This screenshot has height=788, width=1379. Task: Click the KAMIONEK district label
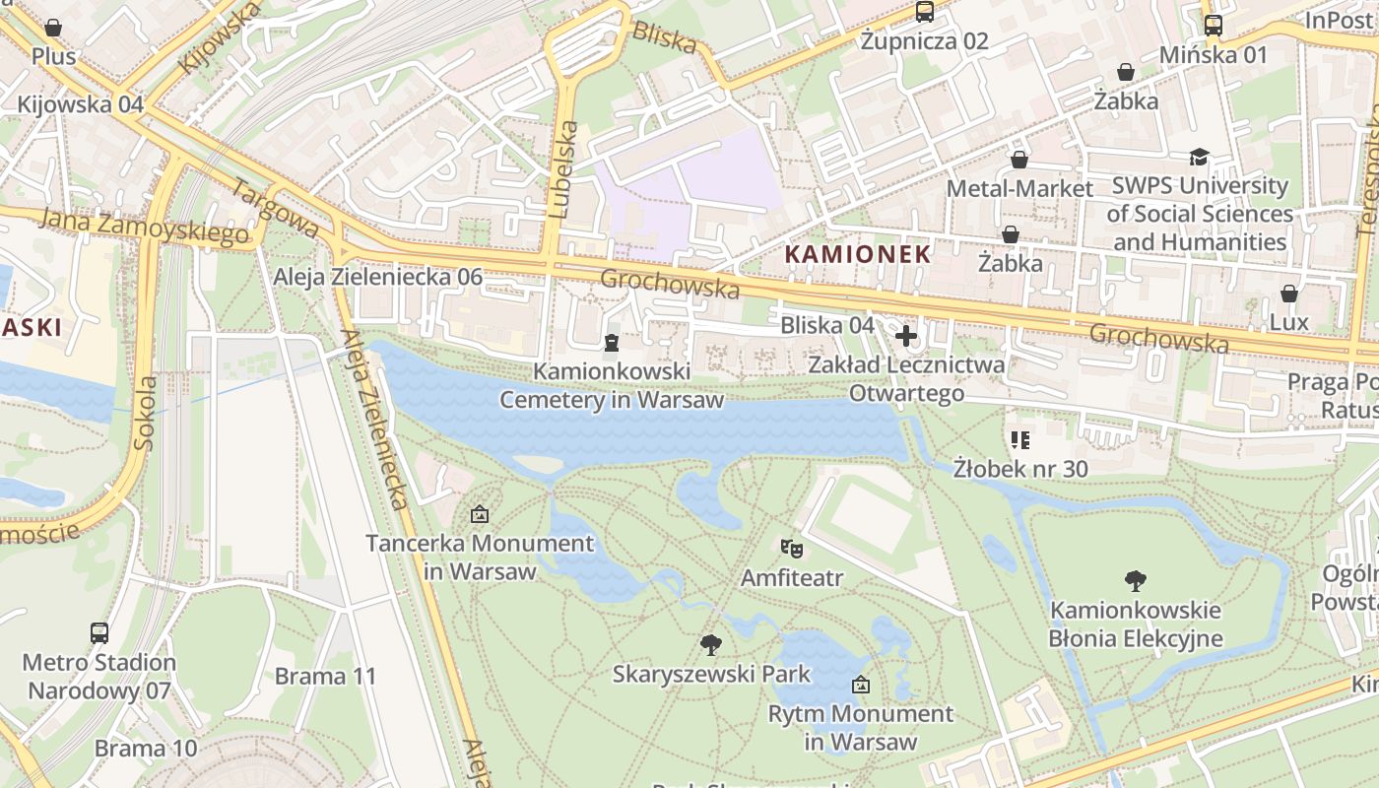[x=857, y=254]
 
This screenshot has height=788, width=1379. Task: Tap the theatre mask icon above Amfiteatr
[x=790, y=548]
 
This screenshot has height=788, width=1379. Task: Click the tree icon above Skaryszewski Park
[x=710, y=645]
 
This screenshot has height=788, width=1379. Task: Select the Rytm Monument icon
[x=861, y=684]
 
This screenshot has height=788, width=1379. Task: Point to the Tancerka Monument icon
[x=480, y=513]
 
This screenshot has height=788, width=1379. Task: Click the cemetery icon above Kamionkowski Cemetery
[x=612, y=343]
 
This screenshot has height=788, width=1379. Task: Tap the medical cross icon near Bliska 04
[x=906, y=336]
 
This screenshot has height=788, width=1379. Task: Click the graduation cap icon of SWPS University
[x=1199, y=157]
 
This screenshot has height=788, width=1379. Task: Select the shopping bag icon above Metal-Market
[x=1019, y=159]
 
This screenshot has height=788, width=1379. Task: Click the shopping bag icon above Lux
[x=1288, y=294]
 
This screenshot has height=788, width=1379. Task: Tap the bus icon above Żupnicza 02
[x=924, y=12]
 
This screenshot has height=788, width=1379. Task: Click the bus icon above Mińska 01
[x=1214, y=26]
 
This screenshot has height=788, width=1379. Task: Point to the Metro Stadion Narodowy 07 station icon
[x=99, y=632]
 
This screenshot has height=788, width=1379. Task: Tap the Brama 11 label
[x=325, y=676]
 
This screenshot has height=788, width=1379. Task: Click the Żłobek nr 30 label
[x=1020, y=468]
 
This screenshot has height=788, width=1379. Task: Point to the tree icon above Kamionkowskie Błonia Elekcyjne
[x=1136, y=581]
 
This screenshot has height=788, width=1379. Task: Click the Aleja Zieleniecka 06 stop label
[x=378, y=277]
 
